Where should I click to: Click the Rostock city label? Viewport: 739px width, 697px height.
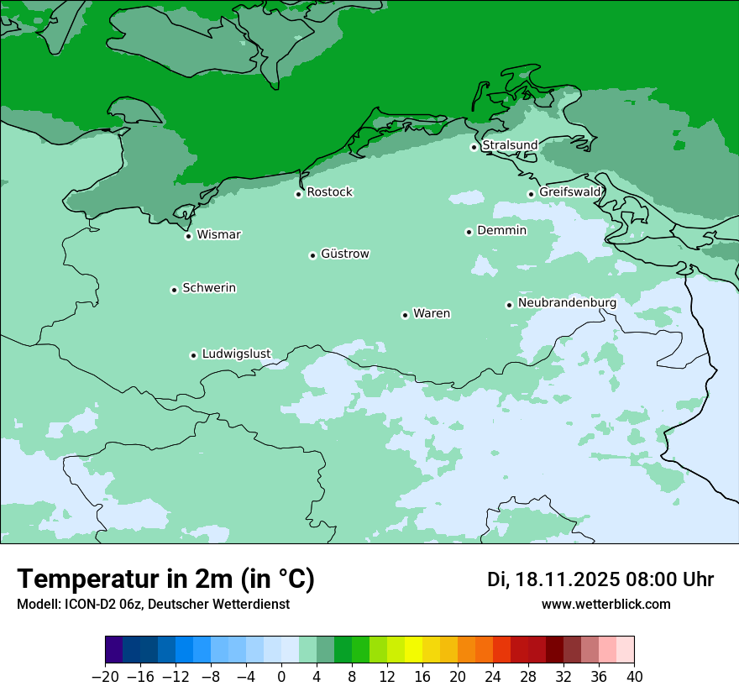tap(329, 192)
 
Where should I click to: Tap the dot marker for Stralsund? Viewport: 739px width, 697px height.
tap(474, 147)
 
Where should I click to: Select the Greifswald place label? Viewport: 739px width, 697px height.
tap(570, 192)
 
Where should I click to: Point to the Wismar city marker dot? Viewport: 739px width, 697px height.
tap(189, 236)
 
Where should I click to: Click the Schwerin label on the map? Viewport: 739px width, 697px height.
tap(209, 288)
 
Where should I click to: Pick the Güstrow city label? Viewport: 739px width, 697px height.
tap(344, 254)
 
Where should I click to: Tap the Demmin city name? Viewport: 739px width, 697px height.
tap(501, 230)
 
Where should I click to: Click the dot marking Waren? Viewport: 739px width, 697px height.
tap(405, 315)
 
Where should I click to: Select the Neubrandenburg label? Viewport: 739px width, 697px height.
tap(567, 302)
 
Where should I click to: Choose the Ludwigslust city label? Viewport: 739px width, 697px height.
tap(236, 354)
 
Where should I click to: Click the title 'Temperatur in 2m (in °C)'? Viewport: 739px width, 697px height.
tap(165, 579)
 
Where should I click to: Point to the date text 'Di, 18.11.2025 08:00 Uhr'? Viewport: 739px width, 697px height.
tap(600, 579)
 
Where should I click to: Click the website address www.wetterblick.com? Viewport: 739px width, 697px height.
tap(605, 604)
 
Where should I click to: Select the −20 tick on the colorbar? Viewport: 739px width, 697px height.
tap(106, 677)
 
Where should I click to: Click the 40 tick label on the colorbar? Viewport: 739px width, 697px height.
tap(634, 677)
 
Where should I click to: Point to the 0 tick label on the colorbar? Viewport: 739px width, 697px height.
tap(281, 677)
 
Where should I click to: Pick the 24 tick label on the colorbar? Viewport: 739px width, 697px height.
tap(493, 677)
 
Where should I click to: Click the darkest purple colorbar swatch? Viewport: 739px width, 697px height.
tap(114, 650)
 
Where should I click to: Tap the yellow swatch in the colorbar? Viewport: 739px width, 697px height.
tap(413, 650)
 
